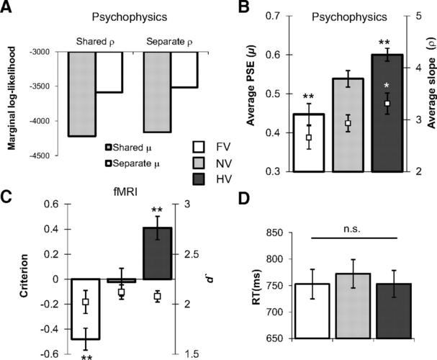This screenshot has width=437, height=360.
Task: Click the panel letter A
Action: coord(6,7)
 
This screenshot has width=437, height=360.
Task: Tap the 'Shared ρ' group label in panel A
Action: coord(95,42)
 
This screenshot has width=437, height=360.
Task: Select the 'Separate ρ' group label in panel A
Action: coord(169,42)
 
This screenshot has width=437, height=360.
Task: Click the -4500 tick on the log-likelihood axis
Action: coord(40,156)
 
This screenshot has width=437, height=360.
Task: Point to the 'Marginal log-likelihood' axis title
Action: coord(12,99)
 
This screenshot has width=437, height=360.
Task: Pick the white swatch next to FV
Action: coord(199,147)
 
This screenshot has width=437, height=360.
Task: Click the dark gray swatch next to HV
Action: coord(199,179)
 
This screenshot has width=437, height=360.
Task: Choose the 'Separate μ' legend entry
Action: coord(132,163)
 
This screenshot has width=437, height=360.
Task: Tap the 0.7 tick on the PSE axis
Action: coord(273,16)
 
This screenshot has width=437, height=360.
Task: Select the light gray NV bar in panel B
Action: coord(348,125)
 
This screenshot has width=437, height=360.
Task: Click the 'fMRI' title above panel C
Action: coord(125,192)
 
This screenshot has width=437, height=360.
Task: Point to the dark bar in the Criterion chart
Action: coord(158,253)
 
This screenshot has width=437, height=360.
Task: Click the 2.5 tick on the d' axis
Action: coord(192,254)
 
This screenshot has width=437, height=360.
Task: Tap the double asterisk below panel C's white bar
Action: coord(86,358)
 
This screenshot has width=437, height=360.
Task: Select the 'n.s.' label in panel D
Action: coord(352,229)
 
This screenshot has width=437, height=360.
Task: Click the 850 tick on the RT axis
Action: coord(275,233)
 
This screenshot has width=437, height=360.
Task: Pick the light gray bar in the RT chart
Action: coord(353,306)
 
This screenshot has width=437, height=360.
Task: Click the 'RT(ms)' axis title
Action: coord(256,287)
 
